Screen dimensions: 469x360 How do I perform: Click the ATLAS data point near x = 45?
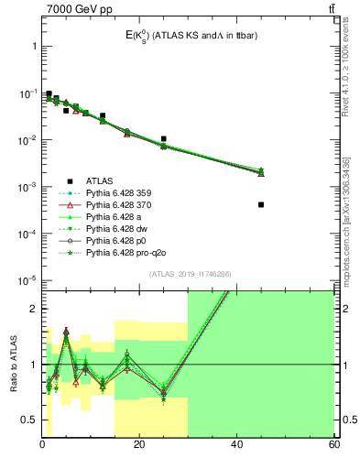tap(261, 204)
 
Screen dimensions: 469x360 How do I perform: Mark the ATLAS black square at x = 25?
tap(163, 139)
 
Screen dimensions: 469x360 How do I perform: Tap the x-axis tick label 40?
tap(236, 446)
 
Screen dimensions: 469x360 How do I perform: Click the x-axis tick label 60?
tap(333, 446)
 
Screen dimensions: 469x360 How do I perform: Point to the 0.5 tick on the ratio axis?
tap(29, 420)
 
